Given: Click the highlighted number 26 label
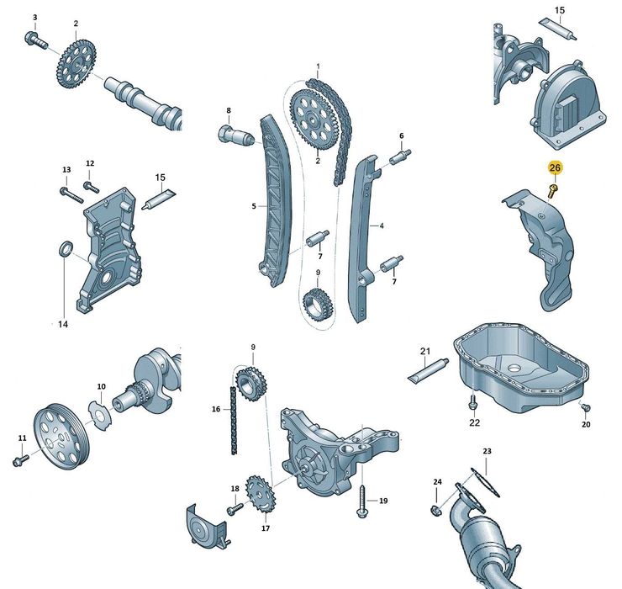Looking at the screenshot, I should (554, 168).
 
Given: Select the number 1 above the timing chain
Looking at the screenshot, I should (319, 66).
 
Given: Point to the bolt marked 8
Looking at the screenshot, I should (229, 132).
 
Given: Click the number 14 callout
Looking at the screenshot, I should (62, 323).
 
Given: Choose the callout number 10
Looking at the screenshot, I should (101, 387).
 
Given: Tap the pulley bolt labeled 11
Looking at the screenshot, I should (21, 459).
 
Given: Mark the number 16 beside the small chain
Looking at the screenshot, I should (216, 409).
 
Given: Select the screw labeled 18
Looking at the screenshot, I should (233, 509).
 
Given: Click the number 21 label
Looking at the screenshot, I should (425, 351).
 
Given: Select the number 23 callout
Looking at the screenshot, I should (488, 452).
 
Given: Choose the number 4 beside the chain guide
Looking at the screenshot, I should (381, 226).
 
